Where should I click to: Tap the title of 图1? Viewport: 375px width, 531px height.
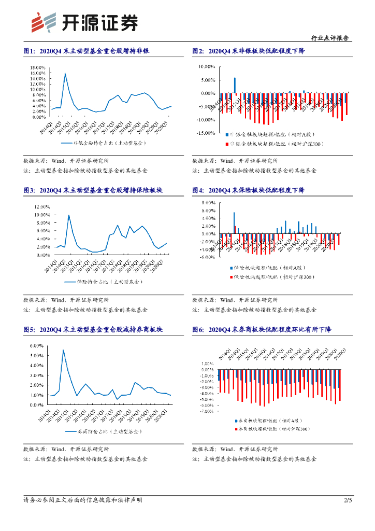click(86, 51)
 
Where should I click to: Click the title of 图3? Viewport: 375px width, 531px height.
click(93, 191)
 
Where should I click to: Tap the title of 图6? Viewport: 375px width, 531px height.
click(262, 330)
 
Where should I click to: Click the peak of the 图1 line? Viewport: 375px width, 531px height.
click(65, 73)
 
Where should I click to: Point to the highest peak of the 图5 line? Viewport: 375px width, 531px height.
click(63, 350)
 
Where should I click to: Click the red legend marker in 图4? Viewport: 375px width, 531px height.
click(230, 278)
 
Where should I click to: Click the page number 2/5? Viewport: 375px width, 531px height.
click(348, 500)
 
